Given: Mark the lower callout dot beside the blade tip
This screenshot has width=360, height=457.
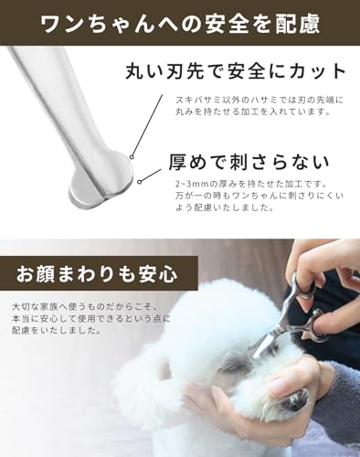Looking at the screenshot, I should [139, 182].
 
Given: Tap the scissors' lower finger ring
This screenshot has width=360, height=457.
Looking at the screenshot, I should [315, 322].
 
